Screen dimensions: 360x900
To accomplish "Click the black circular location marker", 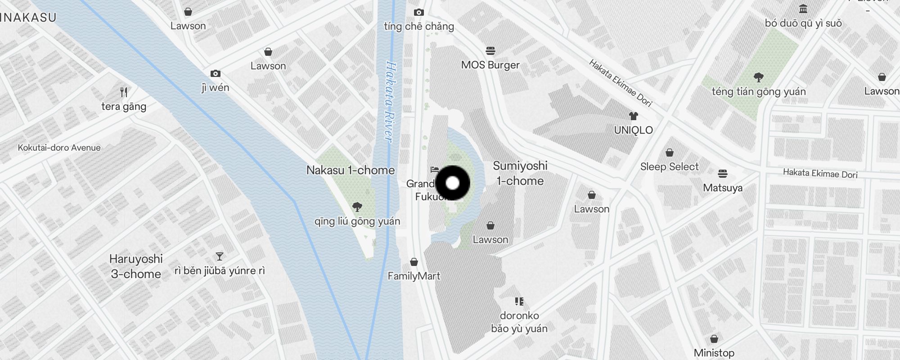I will tap(453, 183).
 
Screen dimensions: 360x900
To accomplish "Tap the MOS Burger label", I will tap(490, 65).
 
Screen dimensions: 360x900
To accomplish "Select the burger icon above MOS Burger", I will tap(490, 50).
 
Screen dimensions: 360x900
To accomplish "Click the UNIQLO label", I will tap(633, 130).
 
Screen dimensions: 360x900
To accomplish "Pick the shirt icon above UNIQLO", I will tap(634, 116).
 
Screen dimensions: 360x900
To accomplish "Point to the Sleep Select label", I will tap(669, 166).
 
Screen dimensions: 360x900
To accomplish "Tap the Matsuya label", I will tap(723, 188).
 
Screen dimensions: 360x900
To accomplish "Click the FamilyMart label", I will tap(414, 276).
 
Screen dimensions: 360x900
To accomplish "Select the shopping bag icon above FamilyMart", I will tap(414, 262).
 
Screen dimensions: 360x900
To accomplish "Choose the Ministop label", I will tap(714, 352).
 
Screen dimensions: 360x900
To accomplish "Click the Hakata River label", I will tap(390, 102).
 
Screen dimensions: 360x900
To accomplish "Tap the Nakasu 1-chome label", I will tap(350, 170).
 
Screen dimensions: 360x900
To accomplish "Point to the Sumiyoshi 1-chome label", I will tap(520, 173).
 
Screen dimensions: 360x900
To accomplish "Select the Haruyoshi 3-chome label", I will tap(136, 266).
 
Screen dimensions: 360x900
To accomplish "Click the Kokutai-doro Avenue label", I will tap(59, 148).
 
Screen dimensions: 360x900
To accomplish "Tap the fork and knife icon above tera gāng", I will tap(124, 92).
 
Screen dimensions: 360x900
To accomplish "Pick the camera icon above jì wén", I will tap(216, 73).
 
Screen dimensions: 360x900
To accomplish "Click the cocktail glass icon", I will tap(220, 256).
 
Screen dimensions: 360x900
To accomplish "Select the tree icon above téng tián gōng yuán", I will tap(759, 77).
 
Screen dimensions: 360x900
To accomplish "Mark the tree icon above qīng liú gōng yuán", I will tap(357, 207).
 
